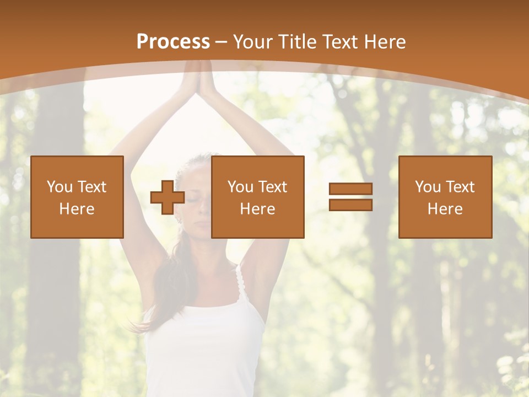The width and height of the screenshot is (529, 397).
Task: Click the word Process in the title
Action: click(173, 41)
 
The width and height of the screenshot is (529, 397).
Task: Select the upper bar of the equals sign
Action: click(350, 189)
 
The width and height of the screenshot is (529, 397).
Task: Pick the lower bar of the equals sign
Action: click(350, 205)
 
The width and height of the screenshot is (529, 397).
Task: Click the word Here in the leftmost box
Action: click(77, 209)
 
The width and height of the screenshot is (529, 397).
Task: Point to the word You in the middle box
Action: click(240, 187)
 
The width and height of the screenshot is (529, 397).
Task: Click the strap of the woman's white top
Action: click(241, 284)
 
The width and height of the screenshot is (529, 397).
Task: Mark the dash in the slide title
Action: click(222, 42)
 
